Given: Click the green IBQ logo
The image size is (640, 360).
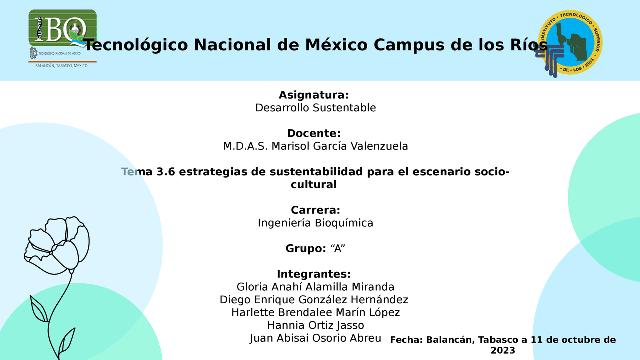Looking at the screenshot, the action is click(62, 28).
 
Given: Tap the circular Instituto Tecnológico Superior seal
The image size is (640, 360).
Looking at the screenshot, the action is click(570, 43).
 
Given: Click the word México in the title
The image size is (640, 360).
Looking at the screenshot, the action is click(336, 45).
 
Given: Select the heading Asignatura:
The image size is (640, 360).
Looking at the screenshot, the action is click(314, 95).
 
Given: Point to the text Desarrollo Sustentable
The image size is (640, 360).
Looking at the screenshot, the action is click(315, 108).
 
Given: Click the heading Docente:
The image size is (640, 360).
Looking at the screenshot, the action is click(314, 133).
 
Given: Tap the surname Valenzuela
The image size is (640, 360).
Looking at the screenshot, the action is click(379, 146).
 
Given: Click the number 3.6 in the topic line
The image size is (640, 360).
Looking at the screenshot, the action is click(165, 172).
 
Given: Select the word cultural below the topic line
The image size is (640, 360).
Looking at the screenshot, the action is click(314, 184).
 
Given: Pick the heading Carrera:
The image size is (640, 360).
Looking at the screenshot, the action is click(315, 210).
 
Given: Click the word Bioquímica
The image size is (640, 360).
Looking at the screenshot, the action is click(344, 223).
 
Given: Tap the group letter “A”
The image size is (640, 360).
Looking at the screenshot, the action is click(338, 248).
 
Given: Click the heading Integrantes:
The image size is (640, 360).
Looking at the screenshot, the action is click(314, 274).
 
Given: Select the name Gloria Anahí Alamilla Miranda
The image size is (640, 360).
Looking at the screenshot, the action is click(315, 287).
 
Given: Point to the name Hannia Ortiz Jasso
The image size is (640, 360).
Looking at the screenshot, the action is click(315, 325).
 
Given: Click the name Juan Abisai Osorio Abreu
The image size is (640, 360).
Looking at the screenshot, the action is click(315, 338).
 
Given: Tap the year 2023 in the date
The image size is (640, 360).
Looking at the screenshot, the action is click(503, 350).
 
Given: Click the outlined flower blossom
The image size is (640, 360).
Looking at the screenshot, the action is click(57, 245).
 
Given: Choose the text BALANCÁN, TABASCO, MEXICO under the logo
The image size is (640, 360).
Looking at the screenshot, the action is click(61, 66).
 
